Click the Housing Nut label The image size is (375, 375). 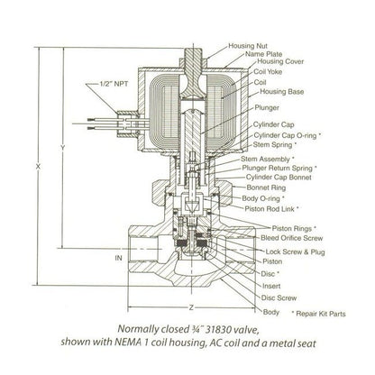pos(248,46)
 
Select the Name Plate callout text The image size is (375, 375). pos(263,54)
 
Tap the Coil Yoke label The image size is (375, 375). pos(268,72)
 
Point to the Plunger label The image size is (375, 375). pos(267,107)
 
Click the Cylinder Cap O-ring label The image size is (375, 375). pos(288,135)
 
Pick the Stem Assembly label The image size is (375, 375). pos(268,159)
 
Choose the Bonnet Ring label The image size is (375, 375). pos(266,187)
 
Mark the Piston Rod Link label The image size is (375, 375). pos(271,208)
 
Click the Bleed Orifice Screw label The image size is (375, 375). pos(291,238)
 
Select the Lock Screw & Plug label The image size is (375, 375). pos(295,252)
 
